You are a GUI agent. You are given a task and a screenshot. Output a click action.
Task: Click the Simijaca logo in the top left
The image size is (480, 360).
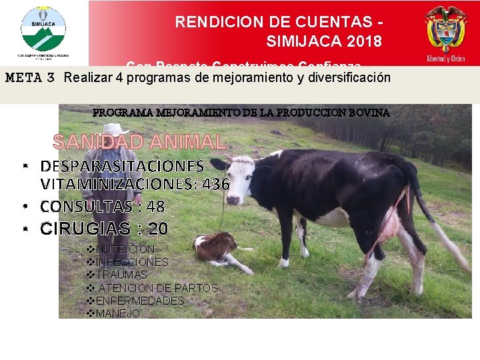[x=44, y=30]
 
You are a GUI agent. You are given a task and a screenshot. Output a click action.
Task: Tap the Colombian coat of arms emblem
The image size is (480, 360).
[x=446, y=30]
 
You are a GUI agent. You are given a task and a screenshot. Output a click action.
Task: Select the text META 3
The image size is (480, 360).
[x=30, y=77]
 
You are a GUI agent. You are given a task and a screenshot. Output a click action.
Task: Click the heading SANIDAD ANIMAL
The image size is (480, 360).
[x=139, y=142]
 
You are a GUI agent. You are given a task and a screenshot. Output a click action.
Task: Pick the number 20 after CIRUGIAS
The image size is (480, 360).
[x=158, y=229]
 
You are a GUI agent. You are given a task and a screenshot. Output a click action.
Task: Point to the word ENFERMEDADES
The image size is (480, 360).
[x=139, y=301]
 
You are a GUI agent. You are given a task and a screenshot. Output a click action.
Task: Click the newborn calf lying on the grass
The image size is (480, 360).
[x=217, y=248]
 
